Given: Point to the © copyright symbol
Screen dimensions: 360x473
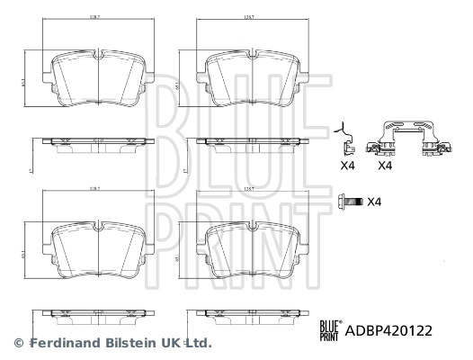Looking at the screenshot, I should [x=17, y=343].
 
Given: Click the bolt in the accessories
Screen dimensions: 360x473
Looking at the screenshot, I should [x=350, y=202].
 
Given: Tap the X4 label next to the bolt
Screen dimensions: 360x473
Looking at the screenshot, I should [x=375, y=202].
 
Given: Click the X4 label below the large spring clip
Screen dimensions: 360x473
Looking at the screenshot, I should [x=385, y=166].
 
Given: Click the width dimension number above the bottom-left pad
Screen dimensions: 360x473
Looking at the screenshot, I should [x=97, y=190].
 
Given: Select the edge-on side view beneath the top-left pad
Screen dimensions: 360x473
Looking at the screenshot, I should [x=97, y=143].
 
